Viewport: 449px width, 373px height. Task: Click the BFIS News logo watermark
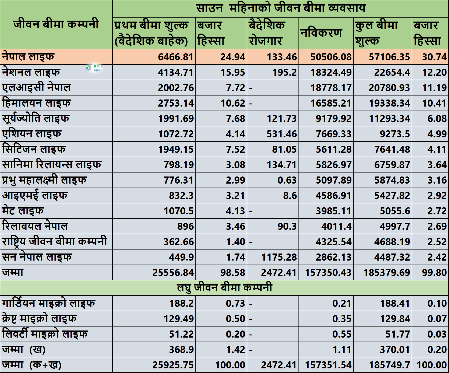(94, 67)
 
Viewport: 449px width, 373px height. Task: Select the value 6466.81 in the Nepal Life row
(176, 57)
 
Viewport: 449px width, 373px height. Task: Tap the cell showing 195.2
(284, 72)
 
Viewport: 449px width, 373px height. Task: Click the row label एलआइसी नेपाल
(36, 87)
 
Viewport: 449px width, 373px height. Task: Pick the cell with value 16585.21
(331, 103)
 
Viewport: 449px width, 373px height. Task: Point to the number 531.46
(282, 134)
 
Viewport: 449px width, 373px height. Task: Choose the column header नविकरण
(321, 33)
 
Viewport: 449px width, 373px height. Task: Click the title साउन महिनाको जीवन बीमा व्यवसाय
(281, 8)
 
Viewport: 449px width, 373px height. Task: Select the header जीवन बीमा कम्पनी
(56, 24)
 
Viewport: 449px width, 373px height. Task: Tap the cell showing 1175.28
(279, 257)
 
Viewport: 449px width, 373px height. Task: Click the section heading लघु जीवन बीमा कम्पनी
(225, 288)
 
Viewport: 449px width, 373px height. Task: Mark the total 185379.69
(387, 273)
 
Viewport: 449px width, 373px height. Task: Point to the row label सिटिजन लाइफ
(34, 149)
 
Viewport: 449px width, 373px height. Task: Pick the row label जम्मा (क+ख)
(32, 365)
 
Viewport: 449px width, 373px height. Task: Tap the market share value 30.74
(434, 57)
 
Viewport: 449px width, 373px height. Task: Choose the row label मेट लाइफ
(23, 210)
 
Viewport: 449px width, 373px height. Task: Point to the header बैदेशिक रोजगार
(267, 33)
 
